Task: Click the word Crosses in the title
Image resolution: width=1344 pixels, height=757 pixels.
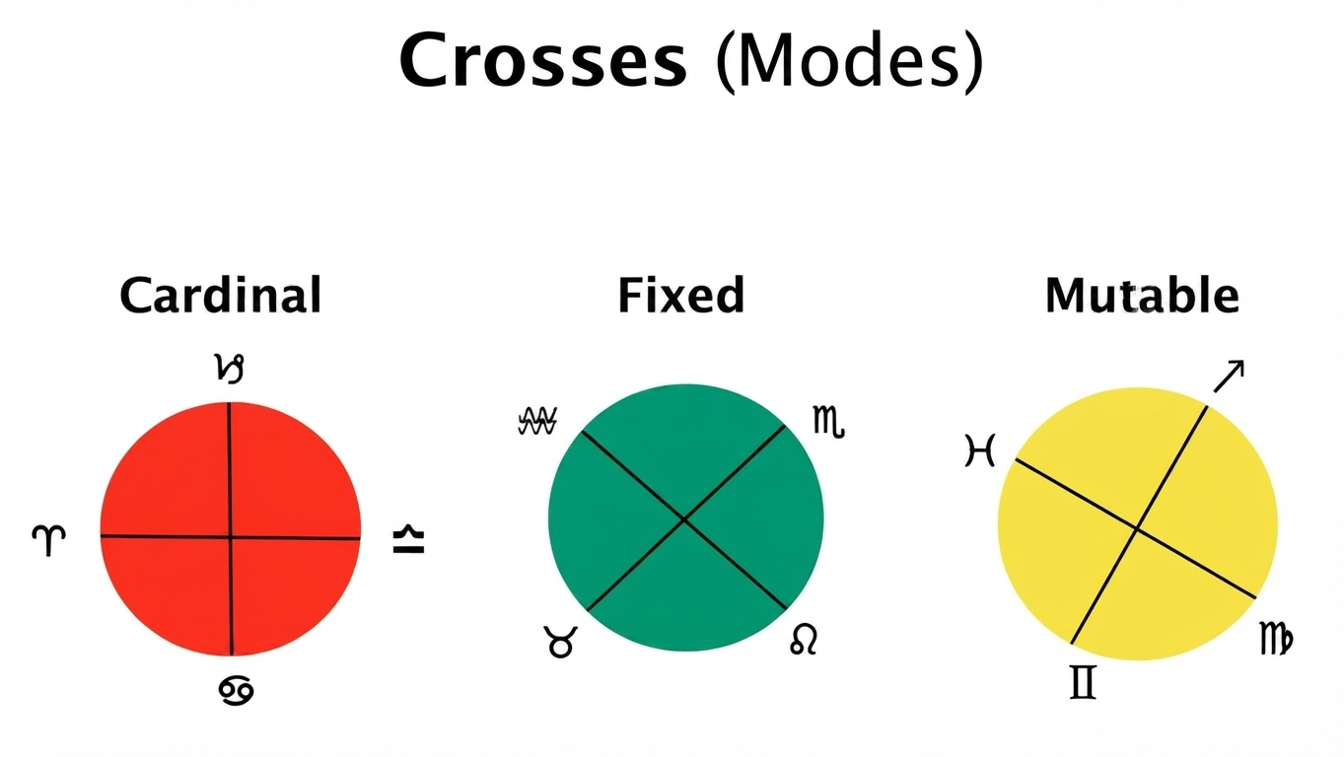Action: [543, 61]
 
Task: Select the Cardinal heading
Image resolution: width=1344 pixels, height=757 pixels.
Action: [221, 295]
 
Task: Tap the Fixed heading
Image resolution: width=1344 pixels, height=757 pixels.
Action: [681, 295]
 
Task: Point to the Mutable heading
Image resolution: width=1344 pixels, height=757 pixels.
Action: [1142, 295]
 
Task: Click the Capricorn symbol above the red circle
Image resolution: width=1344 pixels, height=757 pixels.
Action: [229, 369]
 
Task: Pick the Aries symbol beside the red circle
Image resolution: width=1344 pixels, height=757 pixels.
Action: [48, 540]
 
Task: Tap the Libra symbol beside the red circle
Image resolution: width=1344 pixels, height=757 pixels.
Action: [408, 539]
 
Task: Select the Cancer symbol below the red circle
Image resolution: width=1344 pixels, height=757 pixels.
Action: [236, 690]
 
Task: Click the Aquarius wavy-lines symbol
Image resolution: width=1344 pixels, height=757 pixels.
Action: [537, 421]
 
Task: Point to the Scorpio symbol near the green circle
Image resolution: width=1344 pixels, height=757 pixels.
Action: [828, 422]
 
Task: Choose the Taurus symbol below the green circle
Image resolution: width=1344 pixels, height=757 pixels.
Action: [560, 642]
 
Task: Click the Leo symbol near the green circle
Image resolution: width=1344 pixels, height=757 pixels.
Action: [804, 640]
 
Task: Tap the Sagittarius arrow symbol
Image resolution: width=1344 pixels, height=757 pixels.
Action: [1229, 377]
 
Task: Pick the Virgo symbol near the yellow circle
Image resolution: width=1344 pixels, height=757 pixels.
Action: [1276, 639]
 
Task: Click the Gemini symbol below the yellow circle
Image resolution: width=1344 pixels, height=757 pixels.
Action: [1083, 682]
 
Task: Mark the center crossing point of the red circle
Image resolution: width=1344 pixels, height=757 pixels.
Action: [231, 537]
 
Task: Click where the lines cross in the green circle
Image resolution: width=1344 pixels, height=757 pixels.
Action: [684, 519]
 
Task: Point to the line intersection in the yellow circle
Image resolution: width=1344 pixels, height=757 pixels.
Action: [1136, 528]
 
